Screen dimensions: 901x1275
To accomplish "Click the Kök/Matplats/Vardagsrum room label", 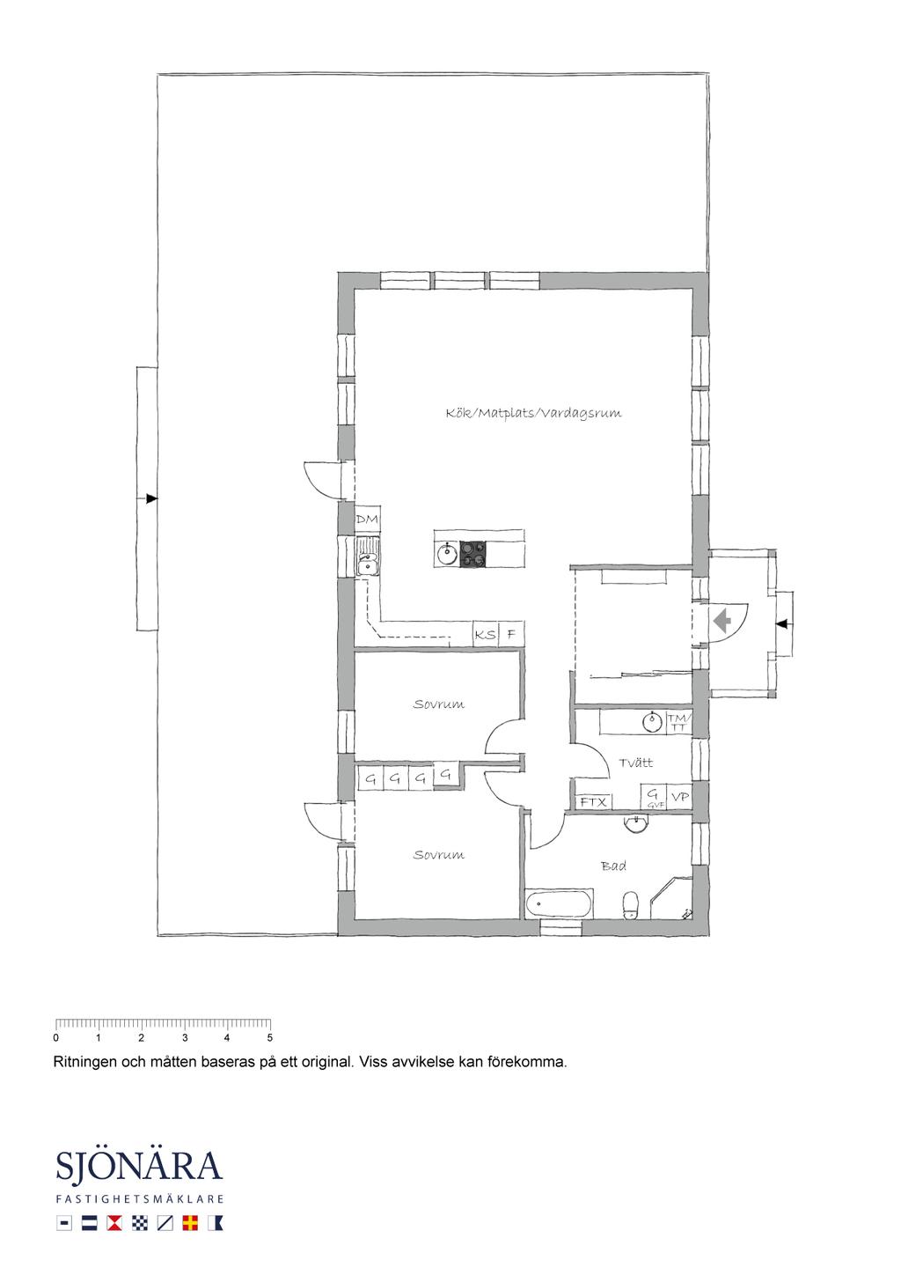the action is (x=533, y=413).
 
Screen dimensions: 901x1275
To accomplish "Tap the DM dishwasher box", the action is (x=367, y=520).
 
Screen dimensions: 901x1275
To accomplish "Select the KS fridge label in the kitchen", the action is (x=485, y=634).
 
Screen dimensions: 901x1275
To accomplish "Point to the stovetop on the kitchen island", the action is (x=472, y=554).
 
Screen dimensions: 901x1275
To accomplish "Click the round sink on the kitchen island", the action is (x=448, y=553).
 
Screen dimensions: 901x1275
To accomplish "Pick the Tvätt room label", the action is (x=636, y=763).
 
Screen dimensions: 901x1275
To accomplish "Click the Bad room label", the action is (x=614, y=866).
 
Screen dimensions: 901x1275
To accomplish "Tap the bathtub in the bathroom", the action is (x=559, y=903).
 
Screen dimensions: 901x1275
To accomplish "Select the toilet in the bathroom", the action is (x=631, y=905).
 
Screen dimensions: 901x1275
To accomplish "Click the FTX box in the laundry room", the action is (x=593, y=802).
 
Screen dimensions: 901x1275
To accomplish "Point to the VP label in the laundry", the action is (x=680, y=797).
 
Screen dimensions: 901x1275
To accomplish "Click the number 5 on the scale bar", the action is (x=270, y=1037).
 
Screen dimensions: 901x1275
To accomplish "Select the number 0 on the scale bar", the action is (x=55, y=1037).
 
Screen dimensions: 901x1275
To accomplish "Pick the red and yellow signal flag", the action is (x=190, y=1223).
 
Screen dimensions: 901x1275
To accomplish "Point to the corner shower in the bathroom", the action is (x=671, y=898).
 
